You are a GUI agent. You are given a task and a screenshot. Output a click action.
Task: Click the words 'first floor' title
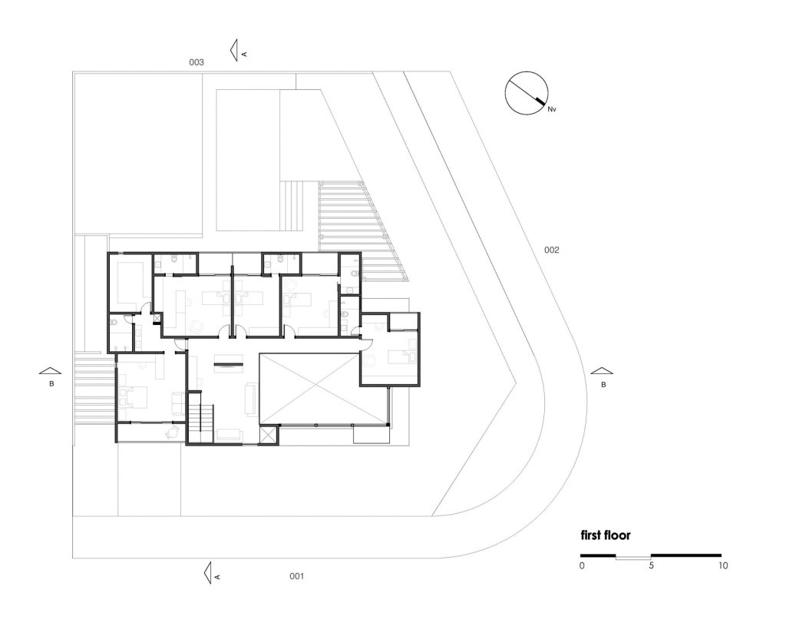(x=606, y=535)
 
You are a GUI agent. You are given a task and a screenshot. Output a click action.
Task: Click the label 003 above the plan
(x=196, y=62)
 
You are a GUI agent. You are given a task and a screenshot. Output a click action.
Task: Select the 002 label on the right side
(x=552, y=250)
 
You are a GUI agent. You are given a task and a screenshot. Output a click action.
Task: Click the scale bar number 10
(x=723, y=566)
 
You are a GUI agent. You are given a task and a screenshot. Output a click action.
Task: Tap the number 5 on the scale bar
(x=651, y=566)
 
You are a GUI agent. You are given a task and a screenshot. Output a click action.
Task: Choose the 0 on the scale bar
(x=582, y=566)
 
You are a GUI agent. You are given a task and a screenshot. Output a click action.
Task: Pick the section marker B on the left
(x=50, y=374)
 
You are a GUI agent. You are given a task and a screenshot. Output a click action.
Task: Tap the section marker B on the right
(x=603, y=374)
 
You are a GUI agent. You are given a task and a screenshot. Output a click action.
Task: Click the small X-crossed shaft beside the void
(x=268, y=435)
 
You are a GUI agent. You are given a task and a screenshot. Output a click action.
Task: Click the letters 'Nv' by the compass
(x=551, y=110)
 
